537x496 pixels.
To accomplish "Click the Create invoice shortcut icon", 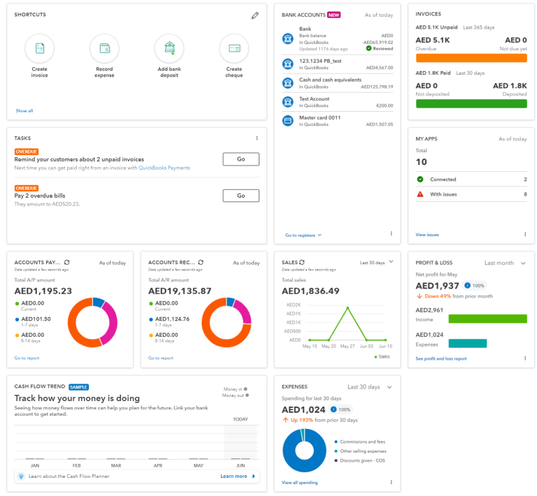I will [x=40, y=48].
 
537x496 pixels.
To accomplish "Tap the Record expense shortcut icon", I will [x=104, y=48].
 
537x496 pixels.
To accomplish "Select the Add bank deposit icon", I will [x=169, y=48].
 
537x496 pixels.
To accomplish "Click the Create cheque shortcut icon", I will [x=234, y=48].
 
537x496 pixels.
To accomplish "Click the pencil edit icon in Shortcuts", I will [x=255, y=15].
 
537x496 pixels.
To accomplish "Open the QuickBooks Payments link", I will [x=164, y=168].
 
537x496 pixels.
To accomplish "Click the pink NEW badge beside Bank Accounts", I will [x=334, y=15].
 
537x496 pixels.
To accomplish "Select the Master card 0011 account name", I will [x=320, y=117].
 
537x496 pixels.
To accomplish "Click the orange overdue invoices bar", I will [x=471, y=58].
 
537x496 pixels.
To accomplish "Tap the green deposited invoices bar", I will [x=471, y=103].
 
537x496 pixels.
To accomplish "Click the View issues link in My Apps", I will [x=427, y=235].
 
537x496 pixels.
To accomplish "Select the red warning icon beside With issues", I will [x=420, y=194].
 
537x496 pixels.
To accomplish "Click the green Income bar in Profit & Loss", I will [x=487, y=319].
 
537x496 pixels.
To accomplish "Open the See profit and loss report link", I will [x=441, y=358].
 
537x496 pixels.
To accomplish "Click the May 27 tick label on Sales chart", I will [x=346, y=347].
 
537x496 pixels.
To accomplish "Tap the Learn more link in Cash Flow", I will [x=234, y=476].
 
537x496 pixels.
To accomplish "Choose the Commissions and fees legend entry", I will [x=362, y=442].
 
